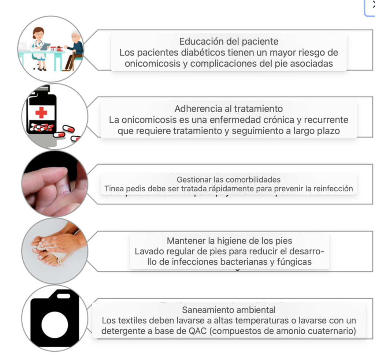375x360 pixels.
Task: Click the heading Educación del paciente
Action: click(229, 41)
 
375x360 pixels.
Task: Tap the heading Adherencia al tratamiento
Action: click(229, 109)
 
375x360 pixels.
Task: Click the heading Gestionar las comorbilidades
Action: click(229, 180)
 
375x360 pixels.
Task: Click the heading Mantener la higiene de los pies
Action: click(230, 241)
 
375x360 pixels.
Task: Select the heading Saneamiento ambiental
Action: click(229, 310)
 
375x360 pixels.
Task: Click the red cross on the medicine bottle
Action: click(41, 112)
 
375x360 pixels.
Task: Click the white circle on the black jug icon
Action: click(55, 325)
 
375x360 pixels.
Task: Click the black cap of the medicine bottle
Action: click(41, 89)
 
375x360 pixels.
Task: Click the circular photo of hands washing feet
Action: click(55, 251)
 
